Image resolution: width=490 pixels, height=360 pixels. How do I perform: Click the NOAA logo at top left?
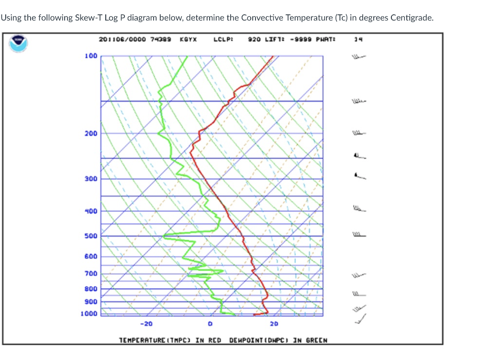click(x=19, y=43)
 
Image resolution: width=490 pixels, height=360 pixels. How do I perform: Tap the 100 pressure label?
click(x=91, y=56)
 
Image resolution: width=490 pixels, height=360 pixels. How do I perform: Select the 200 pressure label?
click(x=91, y=133)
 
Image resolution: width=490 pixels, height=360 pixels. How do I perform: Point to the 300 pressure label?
click(x=91, y=179)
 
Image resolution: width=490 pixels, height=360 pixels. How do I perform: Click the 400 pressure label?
click(x=91, y=211)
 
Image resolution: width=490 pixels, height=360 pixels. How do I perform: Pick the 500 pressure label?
click(x=91, y=236)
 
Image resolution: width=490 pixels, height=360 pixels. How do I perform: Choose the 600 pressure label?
click(x=91, y=256)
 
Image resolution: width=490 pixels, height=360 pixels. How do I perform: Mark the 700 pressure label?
click(x=91, y=273)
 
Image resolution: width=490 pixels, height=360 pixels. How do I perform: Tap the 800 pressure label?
click(x=91, y=289)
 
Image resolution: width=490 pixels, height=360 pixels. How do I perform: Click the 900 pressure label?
click(x=91, y=302)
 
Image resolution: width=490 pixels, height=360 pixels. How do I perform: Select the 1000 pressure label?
click(x=89, y=314)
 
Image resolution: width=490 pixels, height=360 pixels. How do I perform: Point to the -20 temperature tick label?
click(x=146, y=324)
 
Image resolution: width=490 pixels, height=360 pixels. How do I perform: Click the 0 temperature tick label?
click(x=210, y=324)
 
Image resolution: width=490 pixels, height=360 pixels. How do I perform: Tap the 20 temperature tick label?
click(x=274, y=324)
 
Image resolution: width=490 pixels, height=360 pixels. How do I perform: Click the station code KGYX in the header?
click(x=188, y=39)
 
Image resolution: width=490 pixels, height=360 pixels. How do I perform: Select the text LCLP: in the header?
click(x=223, y=39)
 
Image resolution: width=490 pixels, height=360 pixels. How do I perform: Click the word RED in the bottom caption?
click(x=215, y=340)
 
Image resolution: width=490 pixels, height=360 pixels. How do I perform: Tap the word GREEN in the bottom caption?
click(x=317, y=340)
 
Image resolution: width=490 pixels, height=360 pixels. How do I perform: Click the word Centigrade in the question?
click(x=412, y=18)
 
